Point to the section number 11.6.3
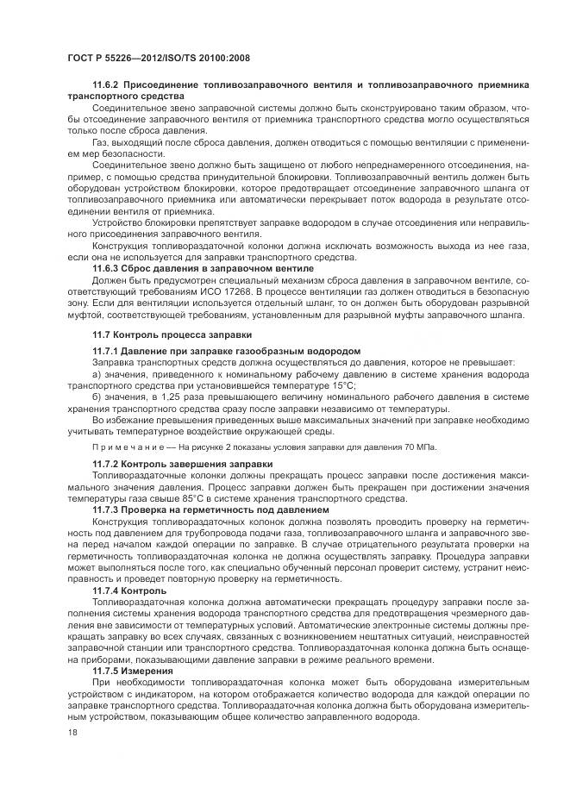pyautogui.click(x=107, y=269)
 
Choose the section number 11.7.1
pyautogui.click(x=107, y=351)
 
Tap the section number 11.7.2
pyautogui.click(x=107, y=465)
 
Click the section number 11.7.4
pyautogui.click(x=107, y=590)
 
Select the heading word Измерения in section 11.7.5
pyautogui.click(x=149, y=670)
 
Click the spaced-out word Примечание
pyautogui.click(x=122, y=447)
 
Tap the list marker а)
pyautogui.click(x=97, y=374)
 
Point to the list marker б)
pyautogui.click(x=97, y=397)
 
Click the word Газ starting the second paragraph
pyautogui.click(x=102, y=141)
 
